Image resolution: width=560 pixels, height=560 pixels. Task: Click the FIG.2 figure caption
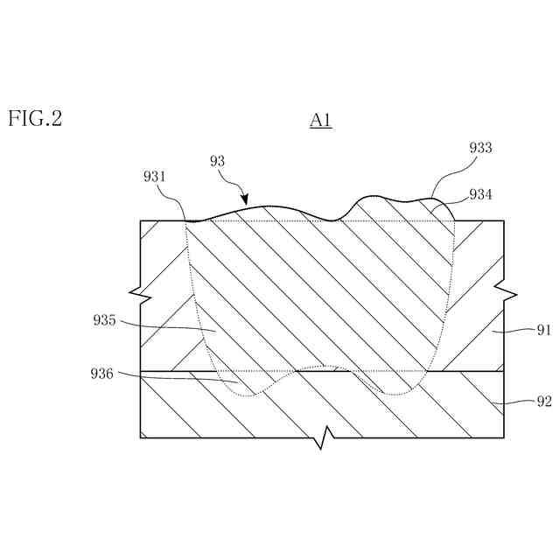(x=35, y=119)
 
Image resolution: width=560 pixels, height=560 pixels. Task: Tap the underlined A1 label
(x=320, y=121)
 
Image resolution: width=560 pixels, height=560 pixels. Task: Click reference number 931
(x=156, y=177)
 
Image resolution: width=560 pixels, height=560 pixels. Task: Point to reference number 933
(x=480, y=149)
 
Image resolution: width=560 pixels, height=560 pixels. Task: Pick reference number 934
(x=480, y=194)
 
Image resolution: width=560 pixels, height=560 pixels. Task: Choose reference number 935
(x=104, y=320)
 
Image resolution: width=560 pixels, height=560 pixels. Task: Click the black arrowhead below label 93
(x=245, y=202)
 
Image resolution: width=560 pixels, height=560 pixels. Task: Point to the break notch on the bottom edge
(x=324, y=436)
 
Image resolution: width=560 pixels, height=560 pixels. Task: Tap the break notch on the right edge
(x=504, y=290)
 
